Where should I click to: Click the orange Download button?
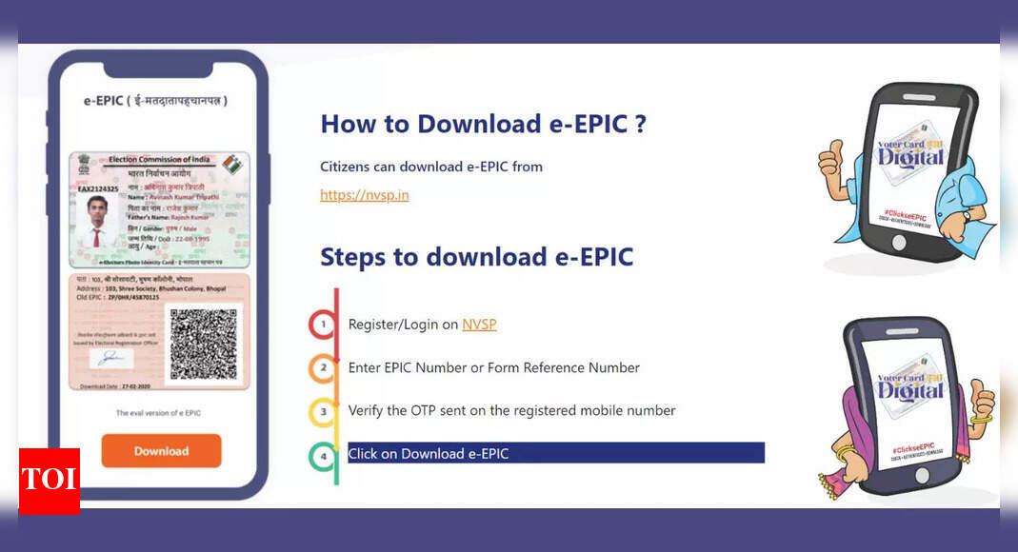[161, 451]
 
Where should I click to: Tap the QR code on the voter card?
[203, 345]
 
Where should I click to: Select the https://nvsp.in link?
[365, 195]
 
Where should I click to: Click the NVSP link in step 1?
[479, 325]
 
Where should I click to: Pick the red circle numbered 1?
[324, 325]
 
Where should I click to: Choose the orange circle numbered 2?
[324, 367]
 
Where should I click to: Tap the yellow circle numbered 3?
[324, 411]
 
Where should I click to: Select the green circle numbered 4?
[324, 455]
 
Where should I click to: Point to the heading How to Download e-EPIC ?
[483, 124]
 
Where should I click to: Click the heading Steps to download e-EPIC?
[476, 257]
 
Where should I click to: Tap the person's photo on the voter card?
[96, 222]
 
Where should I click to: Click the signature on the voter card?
[111, 359]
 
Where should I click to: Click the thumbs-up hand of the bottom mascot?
[980, 398]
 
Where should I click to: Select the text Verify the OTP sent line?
[511, 411]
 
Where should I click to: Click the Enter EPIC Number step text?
[493, 367]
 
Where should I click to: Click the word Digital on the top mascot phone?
[909, 156]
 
